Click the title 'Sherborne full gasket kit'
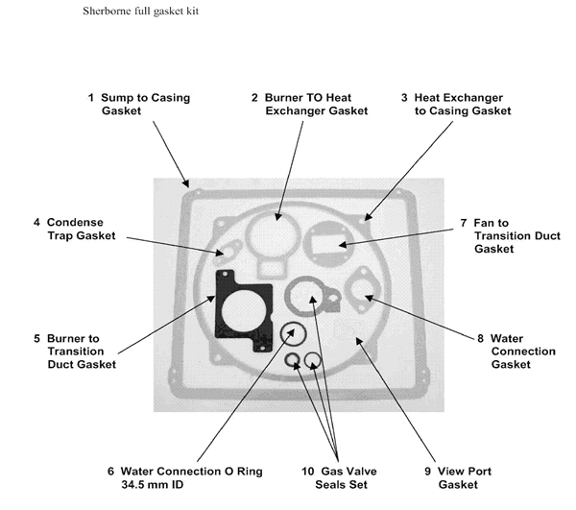(x=141, y=11)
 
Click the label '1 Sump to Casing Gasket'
(x=139, y=104)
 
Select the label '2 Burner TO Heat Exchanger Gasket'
(x=310, y=104)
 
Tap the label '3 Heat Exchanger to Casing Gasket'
(x=456, y=104)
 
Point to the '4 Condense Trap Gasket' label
(x=75, y=229)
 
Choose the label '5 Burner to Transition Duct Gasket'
(x=75, y=352)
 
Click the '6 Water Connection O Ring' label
(x=185, y=471)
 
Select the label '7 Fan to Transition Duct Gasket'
(x=511, y=235)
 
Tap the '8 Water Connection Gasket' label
(x=516, y=352)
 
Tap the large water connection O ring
(x=281, y=333)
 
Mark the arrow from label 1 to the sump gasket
(x=171, y=155)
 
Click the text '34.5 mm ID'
(x=152, y=484)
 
